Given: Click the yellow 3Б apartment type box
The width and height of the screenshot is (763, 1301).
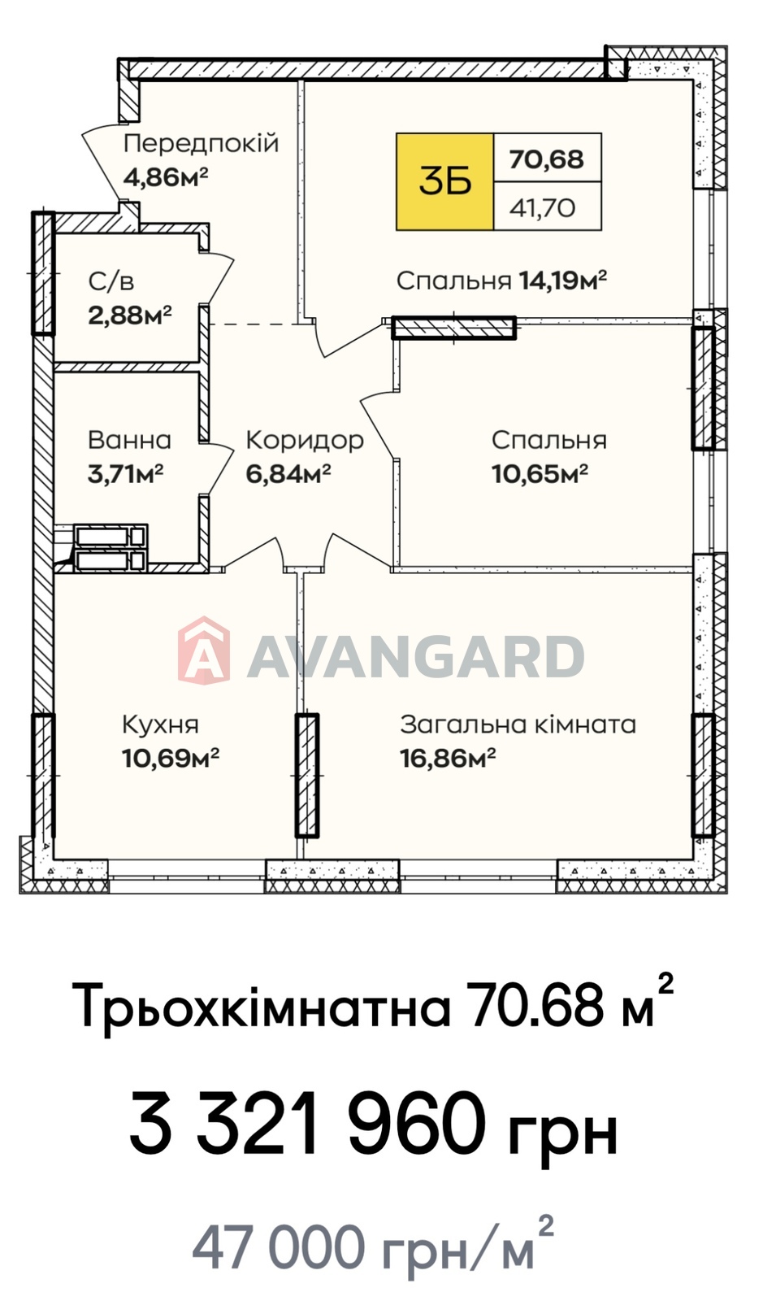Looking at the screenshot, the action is pyautogui.click(x=445, y=182).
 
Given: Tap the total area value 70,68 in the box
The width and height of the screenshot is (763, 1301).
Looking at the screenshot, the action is pyautogui.click(x=547, y=159).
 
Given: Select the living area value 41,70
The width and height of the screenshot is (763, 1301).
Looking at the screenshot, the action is pyautogui.click(x=543, y=207).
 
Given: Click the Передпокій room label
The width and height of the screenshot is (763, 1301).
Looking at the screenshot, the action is pyautogui.click(x=202, y=143).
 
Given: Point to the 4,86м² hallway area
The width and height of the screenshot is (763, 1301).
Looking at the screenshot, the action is pyautogui.click(x=166, y=176).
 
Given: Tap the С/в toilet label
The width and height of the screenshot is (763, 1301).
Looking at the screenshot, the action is pyautogui.click(x=111, y=281).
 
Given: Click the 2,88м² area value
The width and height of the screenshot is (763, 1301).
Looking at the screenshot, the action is pyautogui.click(x=130, y=315).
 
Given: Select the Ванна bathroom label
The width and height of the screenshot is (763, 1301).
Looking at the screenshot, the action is pyautogui.click(x=129, y=440).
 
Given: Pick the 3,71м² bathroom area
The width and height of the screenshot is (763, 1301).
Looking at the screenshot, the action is pyautogui.click(x=125, y=474).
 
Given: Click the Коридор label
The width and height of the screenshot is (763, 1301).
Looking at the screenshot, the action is pyautogui.click(x=306, y=441).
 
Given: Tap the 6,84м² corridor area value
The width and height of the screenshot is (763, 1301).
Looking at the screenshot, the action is pyautogui.click(x=289, y=474).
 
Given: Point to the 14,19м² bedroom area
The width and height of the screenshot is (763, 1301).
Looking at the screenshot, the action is pyautogui.click(x=563, y=281).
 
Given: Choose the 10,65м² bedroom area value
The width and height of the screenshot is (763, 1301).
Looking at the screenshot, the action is pyautogui.click(x=540, y=474).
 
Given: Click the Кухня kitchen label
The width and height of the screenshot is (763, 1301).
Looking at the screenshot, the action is pyautogui.click(x=161, y=724).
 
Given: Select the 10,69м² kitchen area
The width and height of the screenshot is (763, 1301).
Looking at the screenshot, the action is pyautogui.click(x=171, y=758).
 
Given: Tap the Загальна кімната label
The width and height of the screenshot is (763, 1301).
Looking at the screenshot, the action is pyautogui.click(x=518, y=724).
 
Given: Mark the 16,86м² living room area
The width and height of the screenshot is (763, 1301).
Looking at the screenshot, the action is pyautogui.click(x=448, y=758).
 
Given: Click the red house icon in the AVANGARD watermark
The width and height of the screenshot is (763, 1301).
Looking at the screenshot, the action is pyautogui.click(x=204, y=649).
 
